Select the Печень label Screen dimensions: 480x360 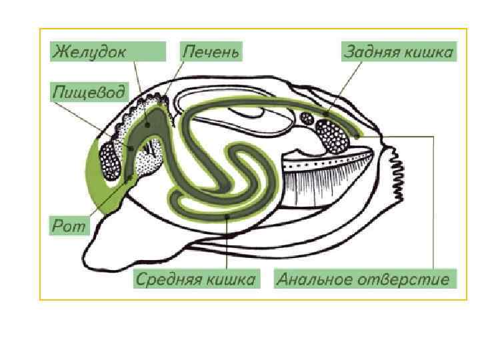[x=210, y=51]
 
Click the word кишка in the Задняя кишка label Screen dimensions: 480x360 [x=431, y=52]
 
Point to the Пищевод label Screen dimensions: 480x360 [x=88, y=93]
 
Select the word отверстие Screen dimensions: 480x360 [x=405, y=279]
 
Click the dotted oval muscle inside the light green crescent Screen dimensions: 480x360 [x=109, y=160]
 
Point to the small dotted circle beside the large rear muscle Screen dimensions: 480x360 [x=307, y=119]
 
